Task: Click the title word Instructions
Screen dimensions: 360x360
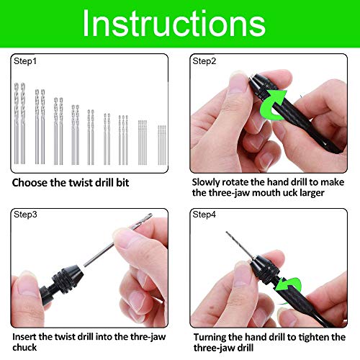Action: [x=180, y=24]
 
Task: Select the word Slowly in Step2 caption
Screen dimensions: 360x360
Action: [x=209, y=184]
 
